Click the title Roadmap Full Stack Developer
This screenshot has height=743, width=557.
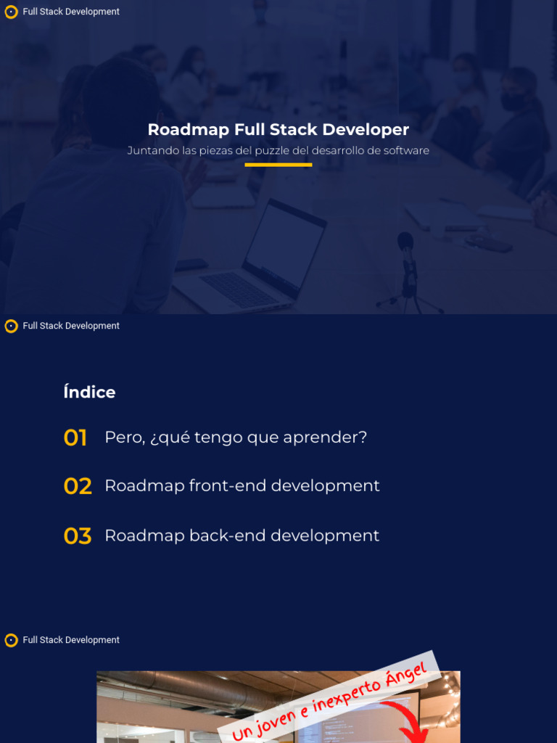pos(278,130)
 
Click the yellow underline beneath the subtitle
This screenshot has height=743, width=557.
pos(278,165)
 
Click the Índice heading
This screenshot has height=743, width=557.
pos(89,393)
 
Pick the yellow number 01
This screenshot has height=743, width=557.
pos(75,438)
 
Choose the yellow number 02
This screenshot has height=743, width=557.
pos(78,486)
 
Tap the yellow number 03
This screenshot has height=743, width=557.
pos(78,536)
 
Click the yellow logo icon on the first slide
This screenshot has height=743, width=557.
pos(11,12)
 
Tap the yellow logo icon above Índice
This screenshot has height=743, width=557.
pos(11,327)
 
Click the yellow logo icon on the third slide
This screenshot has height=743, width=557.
pos(11,641)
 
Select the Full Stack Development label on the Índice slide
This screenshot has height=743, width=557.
pos(71,327)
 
